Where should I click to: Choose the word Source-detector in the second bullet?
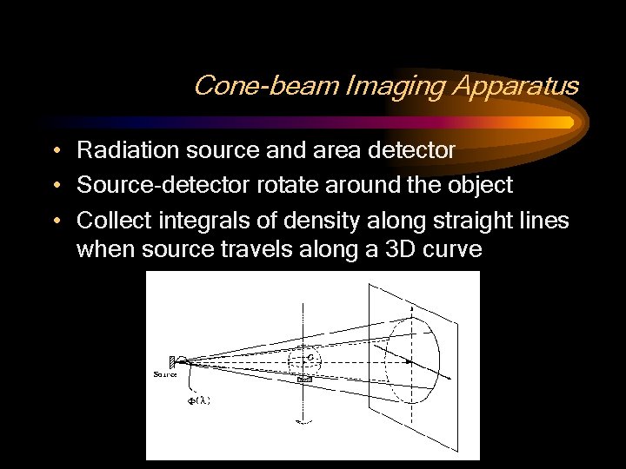click(x=147, y=185)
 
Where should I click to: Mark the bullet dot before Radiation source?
click(x=55, y=151)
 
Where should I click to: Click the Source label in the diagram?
click(x=165, y=374)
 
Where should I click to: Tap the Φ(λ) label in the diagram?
click(x=199, y=400)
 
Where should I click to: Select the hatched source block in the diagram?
click(x=172, y=360)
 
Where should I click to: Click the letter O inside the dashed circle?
click(x=310, y=356)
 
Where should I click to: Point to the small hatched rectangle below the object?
click(x=304, y=380)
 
